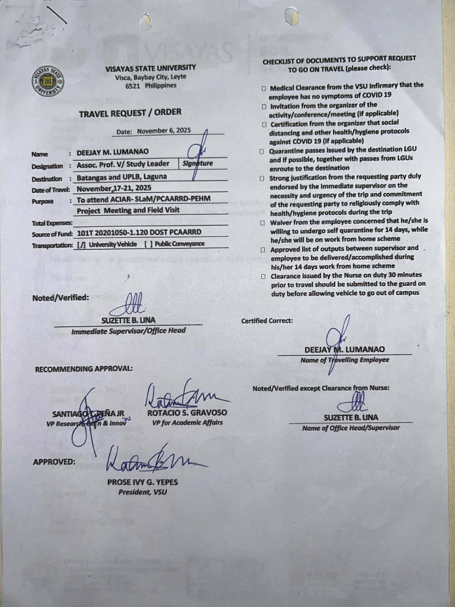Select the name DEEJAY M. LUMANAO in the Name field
(x=113, y=152)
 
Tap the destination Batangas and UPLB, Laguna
(x=121, y=177)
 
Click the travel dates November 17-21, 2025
(x=114, y=188)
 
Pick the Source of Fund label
(x=52, y=234)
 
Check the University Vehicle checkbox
(x=81, y=245)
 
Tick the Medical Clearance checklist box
(x=264, y=88)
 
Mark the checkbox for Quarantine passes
(x=262, y=151)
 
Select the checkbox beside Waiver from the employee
(x=262, y=222)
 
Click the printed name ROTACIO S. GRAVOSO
(x=187, y=413)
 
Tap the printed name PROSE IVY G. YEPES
(x=142, y=482)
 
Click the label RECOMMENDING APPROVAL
(x=84, y=369)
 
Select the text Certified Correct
(x=267, y=321)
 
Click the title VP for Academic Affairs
(x=187, y=422)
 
